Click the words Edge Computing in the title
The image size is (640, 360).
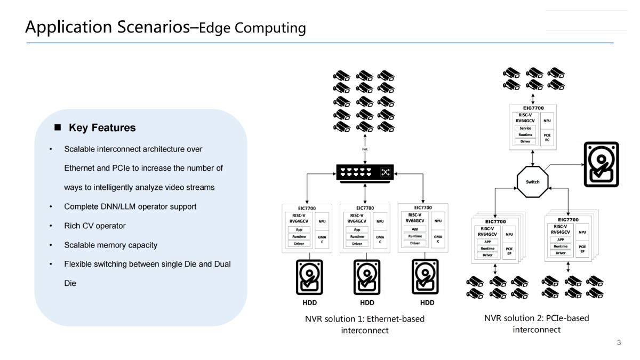252,28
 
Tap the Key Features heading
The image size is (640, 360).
102,128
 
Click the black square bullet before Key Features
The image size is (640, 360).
58,127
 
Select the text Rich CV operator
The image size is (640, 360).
95,226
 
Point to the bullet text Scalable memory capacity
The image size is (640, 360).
110,245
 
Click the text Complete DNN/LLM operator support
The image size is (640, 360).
130,206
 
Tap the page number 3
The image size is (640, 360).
619,343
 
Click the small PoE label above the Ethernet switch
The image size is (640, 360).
365,150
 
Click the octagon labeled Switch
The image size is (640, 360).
532,182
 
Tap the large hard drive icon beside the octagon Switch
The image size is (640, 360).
602,164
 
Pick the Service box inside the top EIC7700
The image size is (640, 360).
525,128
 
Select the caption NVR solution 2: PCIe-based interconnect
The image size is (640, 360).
537,324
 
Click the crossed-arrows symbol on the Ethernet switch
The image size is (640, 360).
386,172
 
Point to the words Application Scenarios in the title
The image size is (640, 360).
107,27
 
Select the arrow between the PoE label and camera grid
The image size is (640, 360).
365,140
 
